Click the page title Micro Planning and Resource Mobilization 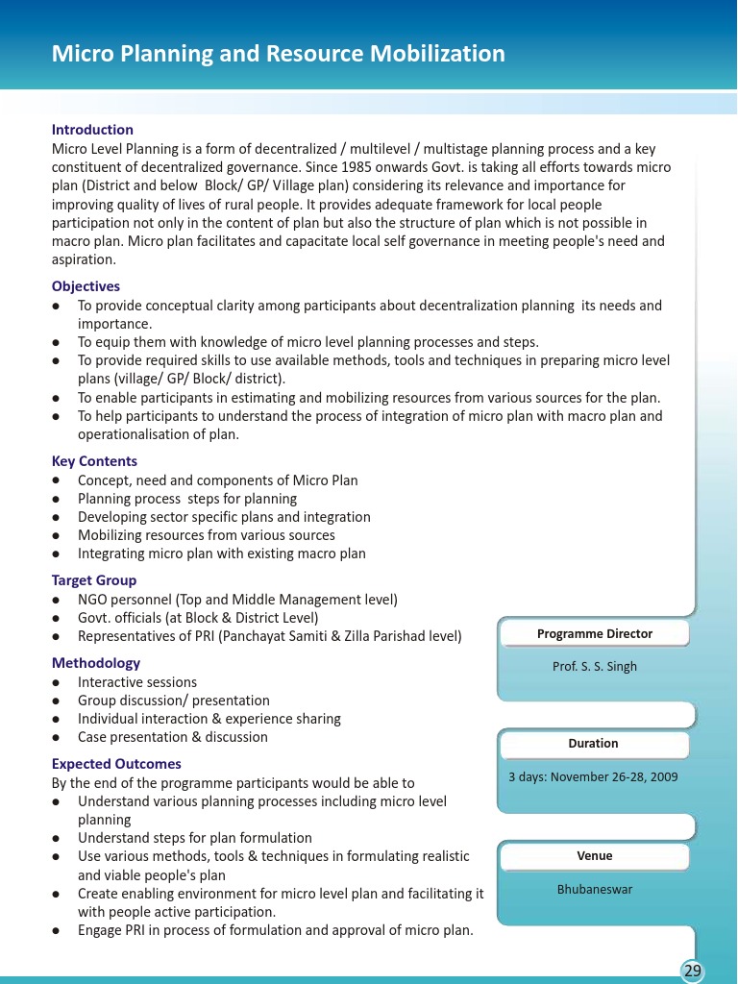click(278, 54)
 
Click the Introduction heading click(92, 130)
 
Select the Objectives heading click(86, 286)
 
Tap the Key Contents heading click(94, 461)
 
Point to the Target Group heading click(94, 580)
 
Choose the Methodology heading click(95, 663)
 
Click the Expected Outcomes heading click(116, 764)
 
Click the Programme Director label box click(594, 634)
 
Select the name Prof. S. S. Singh click(594, 667)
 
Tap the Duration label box click(593, 744)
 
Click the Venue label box click(594, 856)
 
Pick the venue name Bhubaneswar click(595, 890)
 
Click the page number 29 click(692, 971)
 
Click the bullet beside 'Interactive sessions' click(58, 682)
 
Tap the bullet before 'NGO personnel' click(58, 600)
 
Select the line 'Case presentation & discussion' click(173, 737)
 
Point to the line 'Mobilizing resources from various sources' click(207, 535)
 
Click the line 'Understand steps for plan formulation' click(195, 838)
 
